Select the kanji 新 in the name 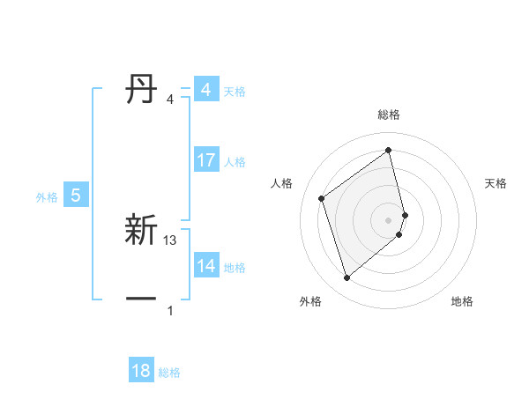(142, 231)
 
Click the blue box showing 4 (205, 90)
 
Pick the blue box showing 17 (205, 160)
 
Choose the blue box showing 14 (205, 266)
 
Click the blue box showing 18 (141, 371)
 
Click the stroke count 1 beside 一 (170, 311)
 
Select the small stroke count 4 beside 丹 (169, 100)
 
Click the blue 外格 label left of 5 (47, 197)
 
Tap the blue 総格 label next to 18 (169, 373)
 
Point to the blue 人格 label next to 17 (235, 162)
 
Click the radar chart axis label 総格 (389, 115)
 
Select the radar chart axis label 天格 (496, 183)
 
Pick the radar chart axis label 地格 (462, 301)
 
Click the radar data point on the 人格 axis (322, 198)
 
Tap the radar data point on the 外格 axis (347, 278)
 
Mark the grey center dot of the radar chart (389, 219)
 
